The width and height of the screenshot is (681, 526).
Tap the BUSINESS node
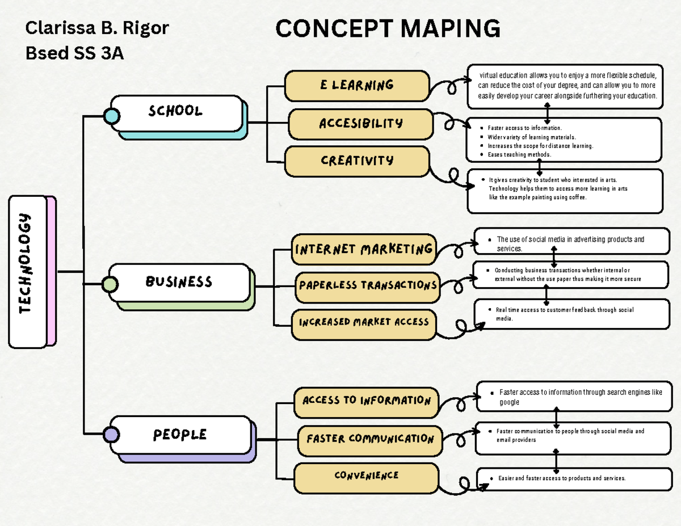pos(179,283)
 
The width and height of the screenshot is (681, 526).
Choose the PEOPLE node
pos(180,435)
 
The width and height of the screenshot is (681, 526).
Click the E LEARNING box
pos(357,86)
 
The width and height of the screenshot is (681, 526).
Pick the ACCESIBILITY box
pos(361,124)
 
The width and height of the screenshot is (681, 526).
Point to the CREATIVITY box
pos(357,161)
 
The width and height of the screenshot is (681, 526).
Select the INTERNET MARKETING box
pos(364,249)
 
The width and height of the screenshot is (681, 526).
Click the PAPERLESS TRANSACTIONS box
pos(368,285)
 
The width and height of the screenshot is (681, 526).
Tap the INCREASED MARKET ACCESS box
pos(364,322)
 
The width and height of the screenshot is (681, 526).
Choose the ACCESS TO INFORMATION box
pos(367,401)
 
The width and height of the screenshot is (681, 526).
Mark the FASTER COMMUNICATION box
pos(370,439)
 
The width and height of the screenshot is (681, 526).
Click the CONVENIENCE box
pos(366,476)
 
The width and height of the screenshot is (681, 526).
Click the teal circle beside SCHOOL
pos(112,116)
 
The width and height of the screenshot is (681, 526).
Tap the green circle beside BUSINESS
pos(110,284)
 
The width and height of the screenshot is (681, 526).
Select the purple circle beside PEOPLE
pos(111,435)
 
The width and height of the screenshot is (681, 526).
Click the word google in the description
pos(509,402)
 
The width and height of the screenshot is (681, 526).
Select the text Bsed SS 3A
pos(74,53)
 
